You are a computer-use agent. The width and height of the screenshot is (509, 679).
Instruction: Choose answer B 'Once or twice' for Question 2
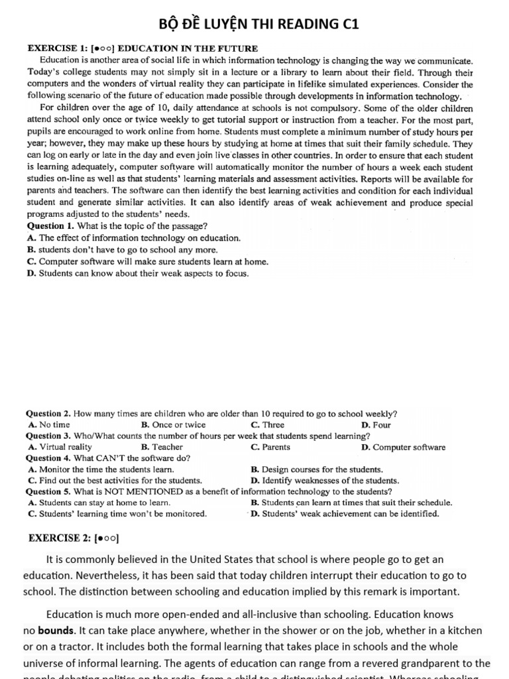(174, 425)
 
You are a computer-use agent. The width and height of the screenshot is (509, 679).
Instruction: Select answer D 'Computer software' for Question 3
(404, 447)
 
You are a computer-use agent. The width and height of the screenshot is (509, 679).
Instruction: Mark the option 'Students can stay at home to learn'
(99, 503)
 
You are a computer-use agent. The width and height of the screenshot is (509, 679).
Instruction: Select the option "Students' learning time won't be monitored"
(117, 513)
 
